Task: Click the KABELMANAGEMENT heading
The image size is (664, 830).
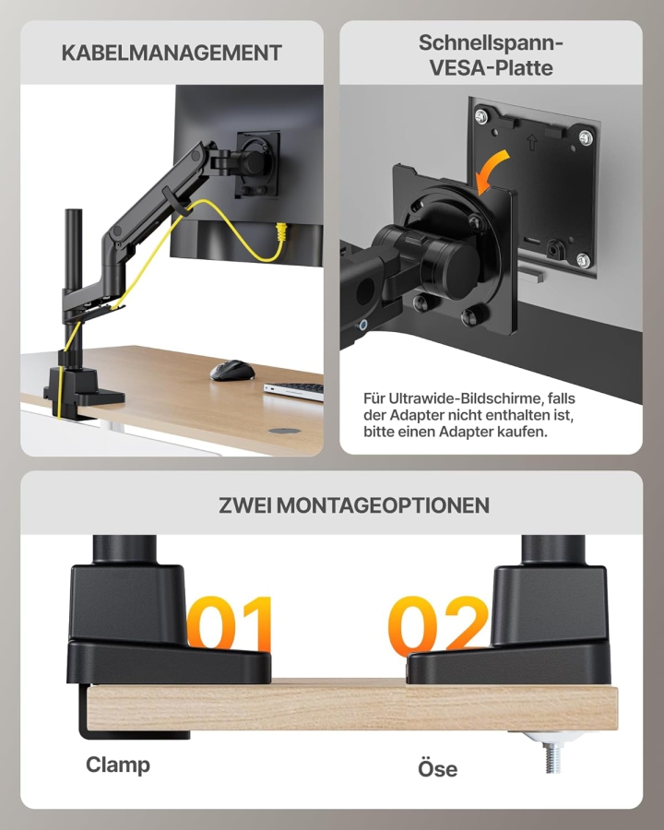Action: [x=172, y=53]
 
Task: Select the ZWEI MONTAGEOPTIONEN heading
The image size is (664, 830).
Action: [x=354, y=504]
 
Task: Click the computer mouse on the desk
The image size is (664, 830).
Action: [x=231, y=370]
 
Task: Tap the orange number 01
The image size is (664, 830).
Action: [x=231, y=626]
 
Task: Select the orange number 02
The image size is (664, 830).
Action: [x=437, y=626]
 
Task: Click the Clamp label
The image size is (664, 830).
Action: [x=118, y=765]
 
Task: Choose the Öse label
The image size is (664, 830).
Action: [x=437, y=768]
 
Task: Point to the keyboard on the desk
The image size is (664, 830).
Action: [x=294, y=390]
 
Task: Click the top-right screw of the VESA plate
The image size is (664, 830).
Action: [x=585, y=136]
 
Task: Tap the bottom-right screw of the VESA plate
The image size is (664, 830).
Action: [x=583, y=260]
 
